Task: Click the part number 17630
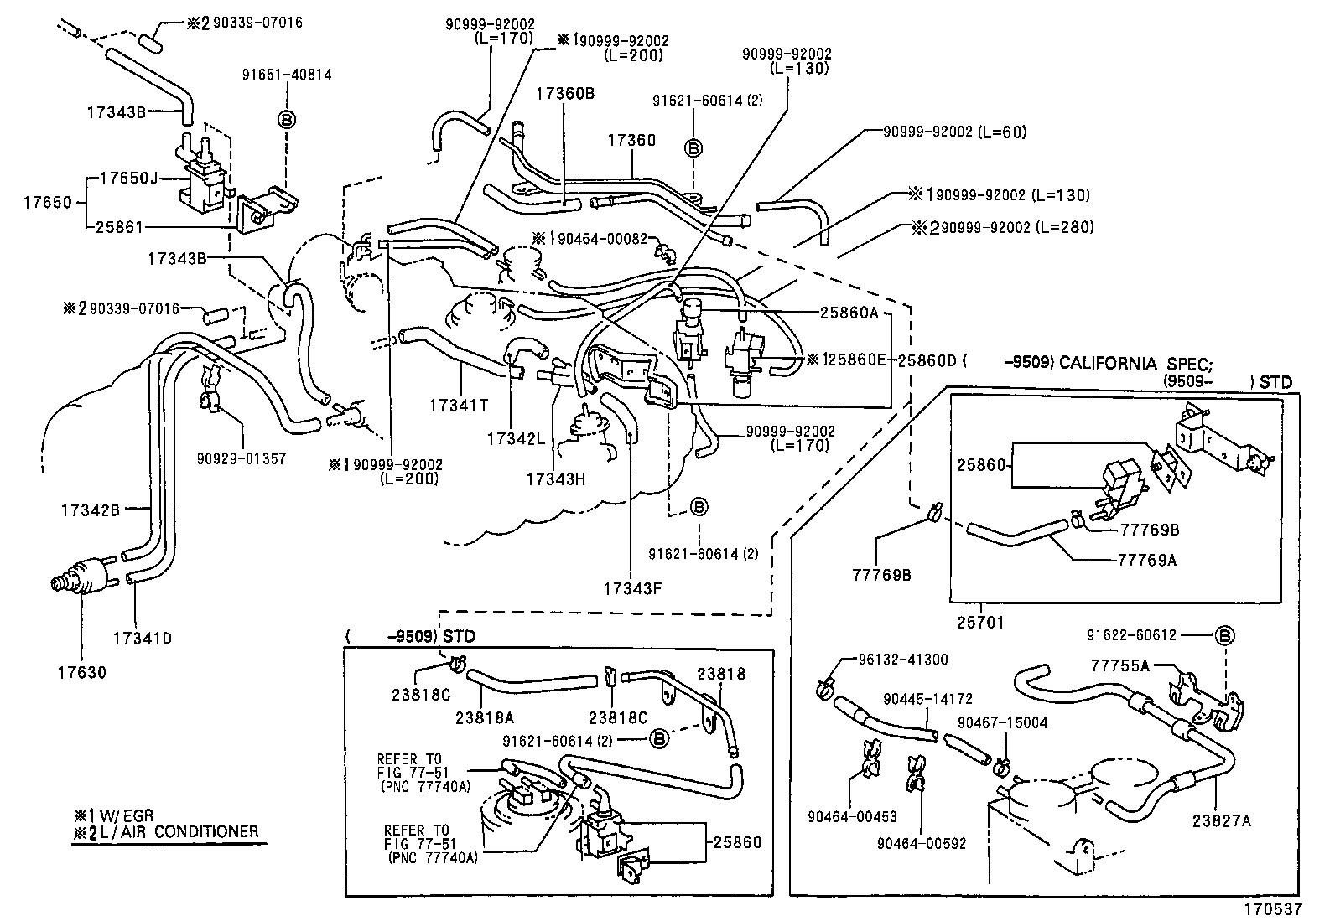tap(81, 672)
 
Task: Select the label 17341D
tap(142, 639)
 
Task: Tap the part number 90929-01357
tap(242, 458)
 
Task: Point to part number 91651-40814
tap(285, 75)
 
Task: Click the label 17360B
tap(565, 94)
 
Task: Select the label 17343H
tap(555, 479)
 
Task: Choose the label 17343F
tap(632, 587)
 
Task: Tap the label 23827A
tap(1221, 821)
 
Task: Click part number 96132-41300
tap(903, 660)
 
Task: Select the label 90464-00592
tap(922, 843)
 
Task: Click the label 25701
tap(980, 623)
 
